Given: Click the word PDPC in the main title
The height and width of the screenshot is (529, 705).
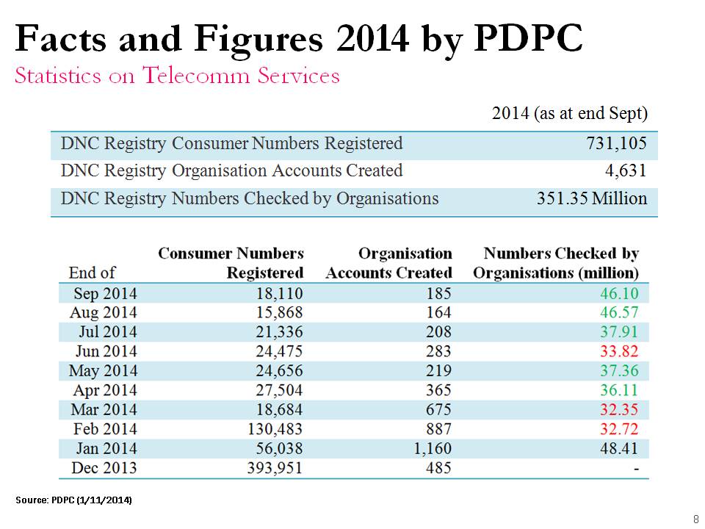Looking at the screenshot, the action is point(528,38).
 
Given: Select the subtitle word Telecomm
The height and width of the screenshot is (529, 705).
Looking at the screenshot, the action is point(195,75).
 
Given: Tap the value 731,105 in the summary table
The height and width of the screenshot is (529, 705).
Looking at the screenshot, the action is point(616,143).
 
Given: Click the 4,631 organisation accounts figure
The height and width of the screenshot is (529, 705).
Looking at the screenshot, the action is point(626,171).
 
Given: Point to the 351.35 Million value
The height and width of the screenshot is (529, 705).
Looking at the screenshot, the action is point(592,198).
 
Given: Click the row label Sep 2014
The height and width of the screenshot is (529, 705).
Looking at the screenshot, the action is point(105,294).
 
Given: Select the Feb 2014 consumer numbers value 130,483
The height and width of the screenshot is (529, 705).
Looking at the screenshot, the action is point(275,429).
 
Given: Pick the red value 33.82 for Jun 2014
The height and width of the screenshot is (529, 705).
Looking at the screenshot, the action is point(619,351).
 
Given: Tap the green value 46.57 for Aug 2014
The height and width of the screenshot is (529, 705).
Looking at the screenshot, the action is point(619,313).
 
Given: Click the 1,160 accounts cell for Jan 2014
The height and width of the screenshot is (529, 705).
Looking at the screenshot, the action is point(432,448).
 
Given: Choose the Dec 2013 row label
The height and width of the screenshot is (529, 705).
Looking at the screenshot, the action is point(104,468).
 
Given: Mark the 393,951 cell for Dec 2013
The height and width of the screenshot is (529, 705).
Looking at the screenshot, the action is point(275,468).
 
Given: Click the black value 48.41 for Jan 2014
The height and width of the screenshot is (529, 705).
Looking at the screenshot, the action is point(619,448).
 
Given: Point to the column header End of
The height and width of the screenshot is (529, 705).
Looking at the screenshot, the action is point(92,273).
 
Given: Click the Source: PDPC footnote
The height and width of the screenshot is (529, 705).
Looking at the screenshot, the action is point(73,500).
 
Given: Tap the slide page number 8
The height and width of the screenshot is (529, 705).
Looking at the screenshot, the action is point(696,518).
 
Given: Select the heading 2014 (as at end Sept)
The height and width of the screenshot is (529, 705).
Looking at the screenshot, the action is point(570,113).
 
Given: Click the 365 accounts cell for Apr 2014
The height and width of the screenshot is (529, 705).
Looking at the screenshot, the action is point(438,390).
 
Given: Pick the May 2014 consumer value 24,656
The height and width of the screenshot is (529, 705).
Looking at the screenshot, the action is point(279,370).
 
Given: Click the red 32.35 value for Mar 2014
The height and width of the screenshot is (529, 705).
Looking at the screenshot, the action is point(619,410).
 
